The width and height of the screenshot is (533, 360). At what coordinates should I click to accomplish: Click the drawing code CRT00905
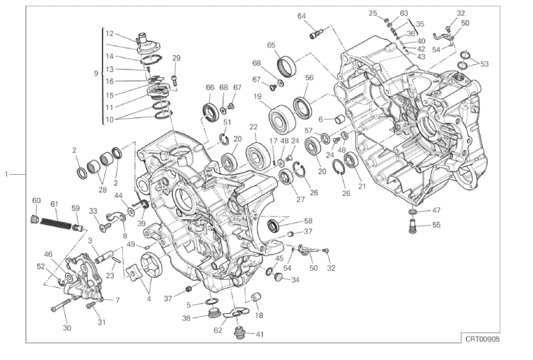pyautogui.click(x=482, y=339)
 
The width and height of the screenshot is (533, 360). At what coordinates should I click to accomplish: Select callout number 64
pyautogui.click(x=302, y=16)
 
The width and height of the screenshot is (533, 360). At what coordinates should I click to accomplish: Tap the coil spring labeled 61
pyautogui.click(x=56, y=223)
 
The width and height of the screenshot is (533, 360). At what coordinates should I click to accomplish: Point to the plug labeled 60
pyautogui.click(x=35, y=219)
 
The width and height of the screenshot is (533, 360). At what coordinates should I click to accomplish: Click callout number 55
pyautogui.click(x=436, y=225)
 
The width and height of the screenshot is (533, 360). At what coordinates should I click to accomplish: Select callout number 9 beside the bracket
pyautogui.click(x=96, y=74)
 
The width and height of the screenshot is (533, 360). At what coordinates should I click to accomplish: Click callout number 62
pyautogui.click(x=218, y=330)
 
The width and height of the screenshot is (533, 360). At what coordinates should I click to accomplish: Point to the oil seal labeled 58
pyautogui.click(x=274, y=226)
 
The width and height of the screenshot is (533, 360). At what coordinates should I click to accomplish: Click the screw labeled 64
pyautogui.click(x=316, y=35)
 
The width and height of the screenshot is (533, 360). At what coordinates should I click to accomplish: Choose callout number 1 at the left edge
pyautogui.click(x=6, y=175)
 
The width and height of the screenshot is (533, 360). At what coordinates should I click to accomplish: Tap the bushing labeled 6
pyautogui.click(x=340, y=120)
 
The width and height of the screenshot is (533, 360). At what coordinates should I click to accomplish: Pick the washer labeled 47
pyautogui.click(x=413, y=212)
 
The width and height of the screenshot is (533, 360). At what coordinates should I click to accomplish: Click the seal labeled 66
pyautogui.click(x=211, y=112)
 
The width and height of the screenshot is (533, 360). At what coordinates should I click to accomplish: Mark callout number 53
pyautogui.click(x=484, y=64)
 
